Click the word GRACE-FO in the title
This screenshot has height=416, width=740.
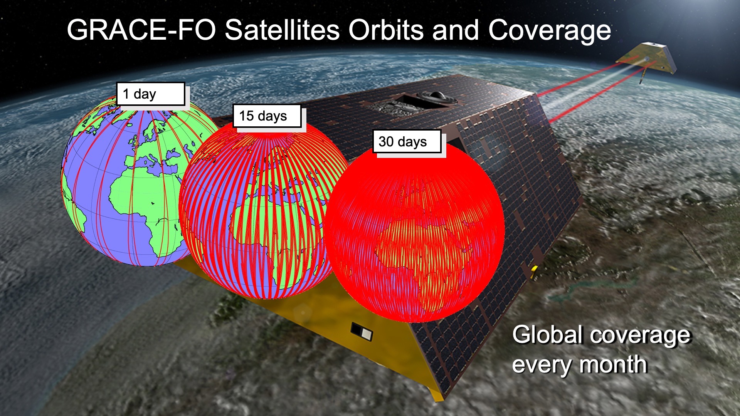point(141,30)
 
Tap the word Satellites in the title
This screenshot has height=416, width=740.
point(282,30)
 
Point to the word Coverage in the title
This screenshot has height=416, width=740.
point(550,31)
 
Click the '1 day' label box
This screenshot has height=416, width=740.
point(151,94)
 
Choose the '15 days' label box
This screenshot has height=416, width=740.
point(267,116)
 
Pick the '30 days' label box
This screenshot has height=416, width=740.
point(407,141)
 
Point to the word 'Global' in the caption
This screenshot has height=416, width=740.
point(547,334)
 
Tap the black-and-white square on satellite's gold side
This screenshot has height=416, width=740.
point(362,332)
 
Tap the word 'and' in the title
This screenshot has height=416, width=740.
point(456,30)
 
